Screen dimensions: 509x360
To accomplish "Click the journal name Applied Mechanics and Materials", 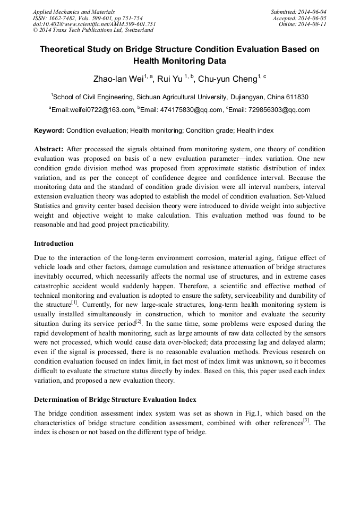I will (x=73, y=11).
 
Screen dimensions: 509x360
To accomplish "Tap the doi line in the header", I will (x=95, y=24).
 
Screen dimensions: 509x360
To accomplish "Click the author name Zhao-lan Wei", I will (x=118, y=79).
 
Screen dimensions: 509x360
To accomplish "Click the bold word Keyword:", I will (x=49, y=130).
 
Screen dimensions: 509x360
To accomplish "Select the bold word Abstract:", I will (x=49, y=149).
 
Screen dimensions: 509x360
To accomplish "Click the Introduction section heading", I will (x=54, y=244).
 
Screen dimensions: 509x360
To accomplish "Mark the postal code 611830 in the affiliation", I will (x=298, y=97).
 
